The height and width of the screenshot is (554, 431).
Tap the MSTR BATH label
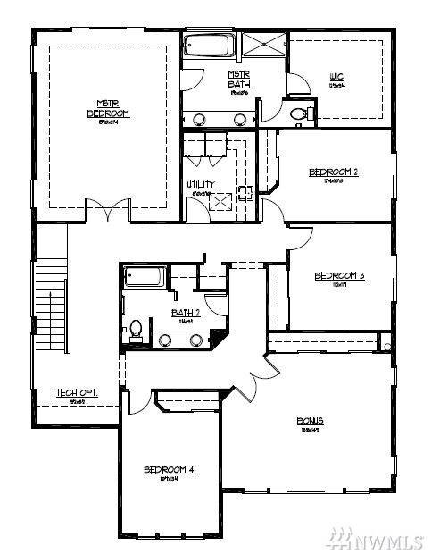click(x=238, y=80)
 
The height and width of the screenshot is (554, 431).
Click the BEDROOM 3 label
click(x=339, y=276)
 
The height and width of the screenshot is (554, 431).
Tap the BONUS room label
click(x=310, y=421)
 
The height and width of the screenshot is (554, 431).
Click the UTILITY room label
click(x=200, y=185)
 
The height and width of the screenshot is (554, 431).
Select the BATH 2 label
click(x=186, y=313)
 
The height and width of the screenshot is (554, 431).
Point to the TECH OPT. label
click(x=77, y=393)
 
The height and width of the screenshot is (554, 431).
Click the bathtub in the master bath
click(x=210, y=46)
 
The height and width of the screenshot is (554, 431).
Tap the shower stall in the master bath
click(x=263, y=46)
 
